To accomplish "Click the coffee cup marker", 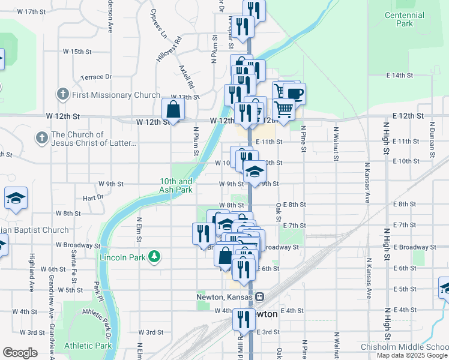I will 294,94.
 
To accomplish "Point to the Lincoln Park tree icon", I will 155,257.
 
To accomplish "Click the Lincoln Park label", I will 124,257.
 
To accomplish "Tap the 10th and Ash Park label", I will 176,185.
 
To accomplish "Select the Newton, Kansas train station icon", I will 259,296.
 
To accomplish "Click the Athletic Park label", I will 88,346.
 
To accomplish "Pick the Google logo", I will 20,353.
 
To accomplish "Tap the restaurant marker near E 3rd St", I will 243,320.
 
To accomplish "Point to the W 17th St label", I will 32,11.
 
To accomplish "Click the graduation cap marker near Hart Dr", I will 16,199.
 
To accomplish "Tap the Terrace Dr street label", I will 97,77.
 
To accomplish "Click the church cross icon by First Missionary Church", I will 62,94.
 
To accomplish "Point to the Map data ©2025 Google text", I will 412,355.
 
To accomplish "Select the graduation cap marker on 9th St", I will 255,172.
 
